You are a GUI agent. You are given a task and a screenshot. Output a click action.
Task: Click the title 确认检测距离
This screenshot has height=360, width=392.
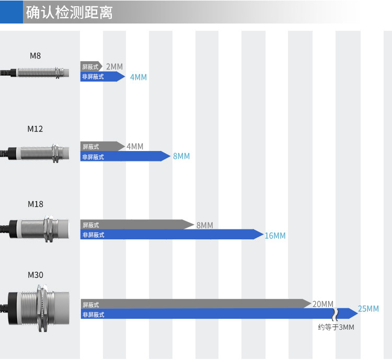point(69,12)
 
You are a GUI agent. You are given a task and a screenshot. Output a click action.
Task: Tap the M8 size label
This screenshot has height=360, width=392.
point(35,56)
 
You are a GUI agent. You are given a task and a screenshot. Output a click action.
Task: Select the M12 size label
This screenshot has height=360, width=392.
point(35,129)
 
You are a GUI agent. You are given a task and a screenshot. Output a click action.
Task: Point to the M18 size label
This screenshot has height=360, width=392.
point(35,204)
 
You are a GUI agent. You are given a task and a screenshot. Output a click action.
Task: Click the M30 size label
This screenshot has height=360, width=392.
point(35,275)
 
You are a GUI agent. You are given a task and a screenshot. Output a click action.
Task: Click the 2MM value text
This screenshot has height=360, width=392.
point(114,67)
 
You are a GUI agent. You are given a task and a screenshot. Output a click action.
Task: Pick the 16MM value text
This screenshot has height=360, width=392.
point(275,236)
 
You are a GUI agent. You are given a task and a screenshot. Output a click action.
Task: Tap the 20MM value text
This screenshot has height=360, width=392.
point(323,304)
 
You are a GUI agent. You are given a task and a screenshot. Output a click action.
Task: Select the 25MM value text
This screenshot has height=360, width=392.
point(368,309)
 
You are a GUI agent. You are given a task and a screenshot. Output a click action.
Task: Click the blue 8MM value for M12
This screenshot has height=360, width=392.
point(181,156)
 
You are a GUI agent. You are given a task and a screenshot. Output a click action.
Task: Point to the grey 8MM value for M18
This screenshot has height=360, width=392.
point(205,225)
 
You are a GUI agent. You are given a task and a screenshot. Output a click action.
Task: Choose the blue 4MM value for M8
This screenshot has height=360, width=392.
point(139,77)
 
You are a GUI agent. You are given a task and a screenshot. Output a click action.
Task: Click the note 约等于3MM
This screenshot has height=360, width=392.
point(336,327)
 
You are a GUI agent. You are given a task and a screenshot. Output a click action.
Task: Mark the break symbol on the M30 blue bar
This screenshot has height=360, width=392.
point(335,315)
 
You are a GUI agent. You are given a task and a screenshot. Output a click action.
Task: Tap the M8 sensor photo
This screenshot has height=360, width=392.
point(34,73)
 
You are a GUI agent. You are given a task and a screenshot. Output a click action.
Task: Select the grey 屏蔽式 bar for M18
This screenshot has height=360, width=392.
point(137,225)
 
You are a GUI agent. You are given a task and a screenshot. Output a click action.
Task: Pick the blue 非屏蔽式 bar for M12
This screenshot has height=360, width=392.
point(125,156)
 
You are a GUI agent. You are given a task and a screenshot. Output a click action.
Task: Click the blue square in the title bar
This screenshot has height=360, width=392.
point(11,11)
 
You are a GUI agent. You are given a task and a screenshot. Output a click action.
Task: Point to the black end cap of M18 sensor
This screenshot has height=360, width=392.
point(13,229)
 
